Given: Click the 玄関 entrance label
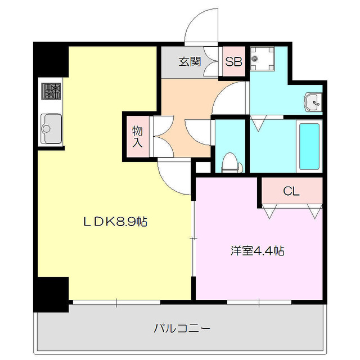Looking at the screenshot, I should click(x=190, y=62).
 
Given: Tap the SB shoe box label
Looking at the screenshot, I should click(x=233, y=62).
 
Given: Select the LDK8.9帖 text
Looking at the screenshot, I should click(x=115, y=222).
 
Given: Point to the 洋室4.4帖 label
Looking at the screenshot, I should click(x=256, y=251).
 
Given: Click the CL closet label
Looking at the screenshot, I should click(x=291, y=191).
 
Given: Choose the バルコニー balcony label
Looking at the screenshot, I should click(x=182, y=327).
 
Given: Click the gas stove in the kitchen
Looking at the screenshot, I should click(x=50, y=91).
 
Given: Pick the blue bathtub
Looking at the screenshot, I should click(x=309, y=146).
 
